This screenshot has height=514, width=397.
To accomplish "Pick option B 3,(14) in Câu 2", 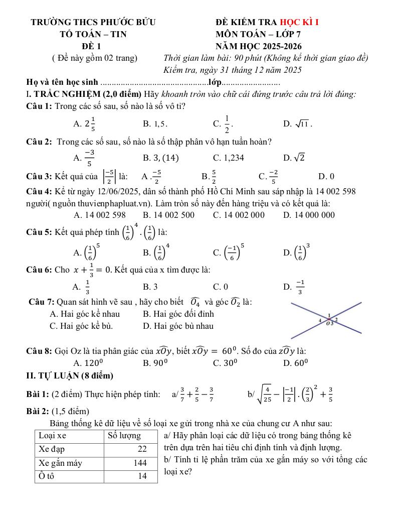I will tap(161, 158).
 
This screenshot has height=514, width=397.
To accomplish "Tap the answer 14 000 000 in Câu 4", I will tap(309, 215).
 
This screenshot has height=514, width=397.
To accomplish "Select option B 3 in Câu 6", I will tap(150, 287).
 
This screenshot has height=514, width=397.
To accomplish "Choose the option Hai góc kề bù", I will tap(81, 326).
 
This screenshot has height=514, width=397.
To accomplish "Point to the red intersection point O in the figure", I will tap(329, 319).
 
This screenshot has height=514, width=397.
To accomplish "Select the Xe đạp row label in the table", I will tap(52, 449).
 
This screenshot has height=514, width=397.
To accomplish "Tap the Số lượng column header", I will tap(124, 435).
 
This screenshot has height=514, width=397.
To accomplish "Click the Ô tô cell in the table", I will tap(47, 476).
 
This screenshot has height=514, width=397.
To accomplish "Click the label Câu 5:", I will tap(39, 232).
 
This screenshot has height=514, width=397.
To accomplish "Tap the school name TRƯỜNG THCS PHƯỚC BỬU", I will tap(93, 22).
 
